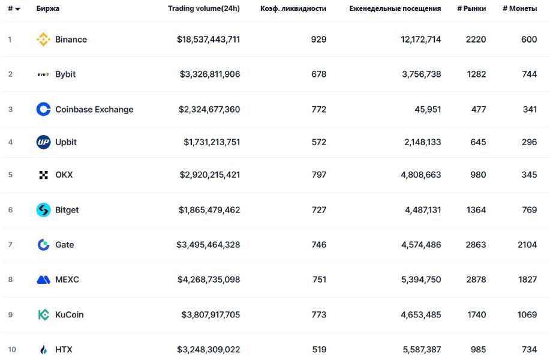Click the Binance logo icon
43,39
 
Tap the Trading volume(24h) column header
204,8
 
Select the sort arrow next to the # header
17,9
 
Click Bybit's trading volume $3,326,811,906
210,74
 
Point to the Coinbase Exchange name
94,109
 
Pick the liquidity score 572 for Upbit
319,142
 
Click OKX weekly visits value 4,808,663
421,175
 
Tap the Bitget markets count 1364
476,210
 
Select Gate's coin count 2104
527,245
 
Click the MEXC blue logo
43,280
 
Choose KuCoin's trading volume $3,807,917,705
211,315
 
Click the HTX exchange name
64,349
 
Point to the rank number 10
12,349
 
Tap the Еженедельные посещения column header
395,8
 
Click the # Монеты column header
520,8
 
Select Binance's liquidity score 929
318,39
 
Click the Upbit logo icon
43,142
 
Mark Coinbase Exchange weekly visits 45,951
428,109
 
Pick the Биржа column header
48,8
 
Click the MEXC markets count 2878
476,280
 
